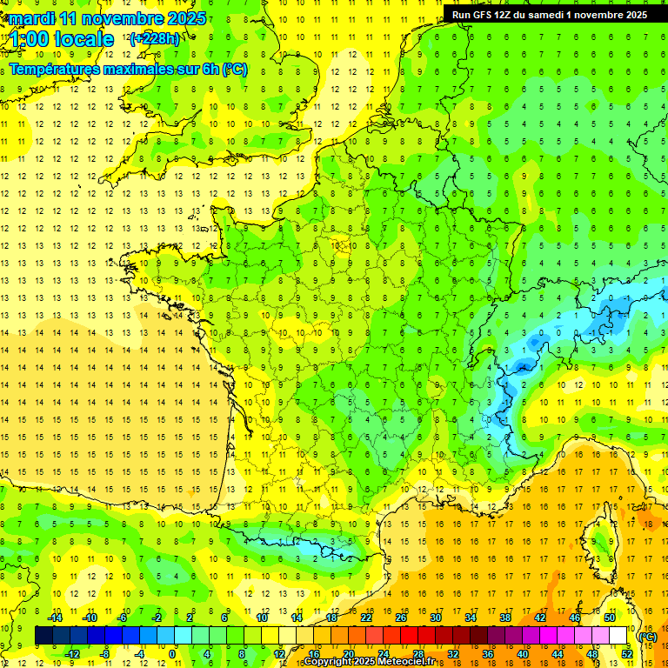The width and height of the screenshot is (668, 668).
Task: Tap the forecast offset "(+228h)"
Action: [x=154, y=38]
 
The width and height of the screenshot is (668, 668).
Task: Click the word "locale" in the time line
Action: [x=83, y=39]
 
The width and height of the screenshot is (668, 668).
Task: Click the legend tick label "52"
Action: [x=627, y=654]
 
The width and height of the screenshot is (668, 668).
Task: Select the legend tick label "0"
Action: [x=172, y=654]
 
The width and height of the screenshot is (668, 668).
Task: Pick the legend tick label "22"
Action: [x=366, y=617]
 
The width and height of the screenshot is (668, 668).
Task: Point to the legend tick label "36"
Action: [x=487, y=654]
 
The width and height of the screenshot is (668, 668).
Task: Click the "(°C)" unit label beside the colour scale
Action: [x=648, y=636]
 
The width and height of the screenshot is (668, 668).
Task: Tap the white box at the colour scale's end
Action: [x=618, y=636]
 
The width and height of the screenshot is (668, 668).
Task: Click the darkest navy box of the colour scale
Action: [x=43, y=636]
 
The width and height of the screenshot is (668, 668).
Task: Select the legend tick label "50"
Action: [x=610, y=617]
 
